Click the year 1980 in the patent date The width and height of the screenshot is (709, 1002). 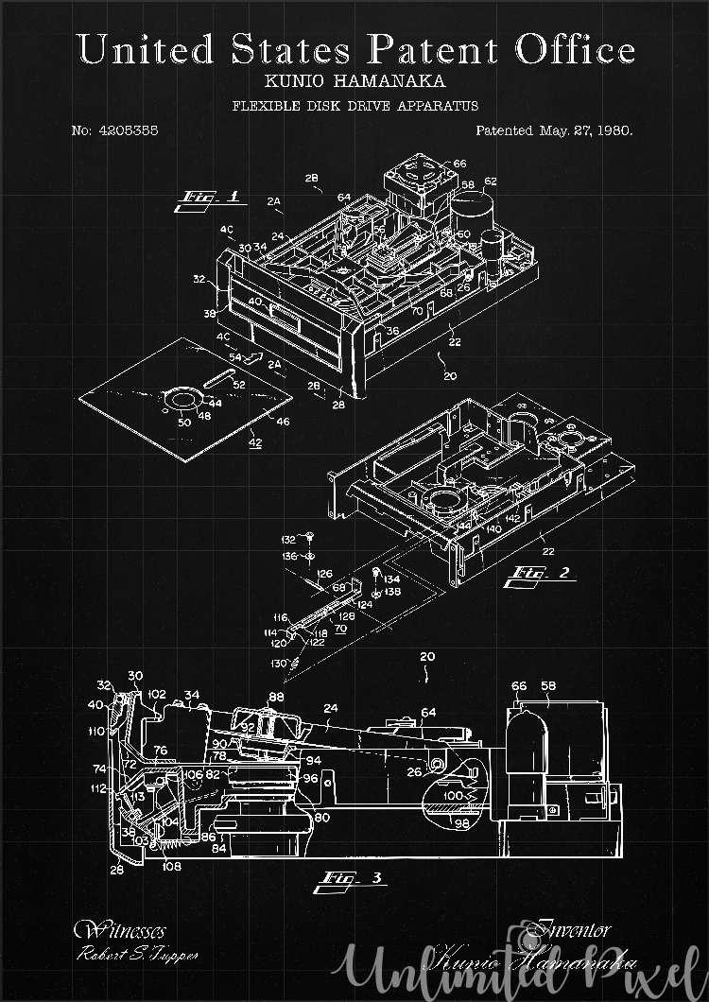coord(614,130)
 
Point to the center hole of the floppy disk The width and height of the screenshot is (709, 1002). coord(179,402)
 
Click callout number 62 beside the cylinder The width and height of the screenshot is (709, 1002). coord(490,181)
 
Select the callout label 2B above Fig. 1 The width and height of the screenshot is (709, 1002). coord(312,178)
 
